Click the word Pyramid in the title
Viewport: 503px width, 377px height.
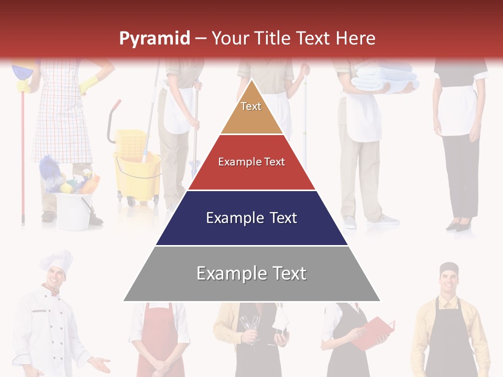click(154, 39)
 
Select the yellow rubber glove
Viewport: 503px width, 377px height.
click(90, 83)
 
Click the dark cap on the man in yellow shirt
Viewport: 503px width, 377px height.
click(449, 269)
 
